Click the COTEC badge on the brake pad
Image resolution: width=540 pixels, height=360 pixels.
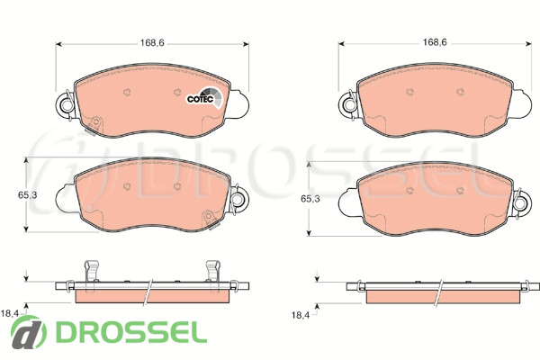click(204, 98)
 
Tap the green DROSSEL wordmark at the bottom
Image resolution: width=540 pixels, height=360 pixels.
click(131, 332)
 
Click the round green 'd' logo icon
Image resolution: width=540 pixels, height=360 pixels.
click(28, 332)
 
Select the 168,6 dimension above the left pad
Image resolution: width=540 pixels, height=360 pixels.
click(152, 43)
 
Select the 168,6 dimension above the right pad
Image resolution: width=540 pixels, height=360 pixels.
click(435, 42)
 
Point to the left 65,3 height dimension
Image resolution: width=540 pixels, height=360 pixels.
click(28, 195)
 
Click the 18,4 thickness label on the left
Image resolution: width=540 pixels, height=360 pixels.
click(10, 313)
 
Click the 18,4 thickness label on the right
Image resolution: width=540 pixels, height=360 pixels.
click(301, 314)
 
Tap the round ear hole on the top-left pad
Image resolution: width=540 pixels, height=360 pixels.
click(66, 104)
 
